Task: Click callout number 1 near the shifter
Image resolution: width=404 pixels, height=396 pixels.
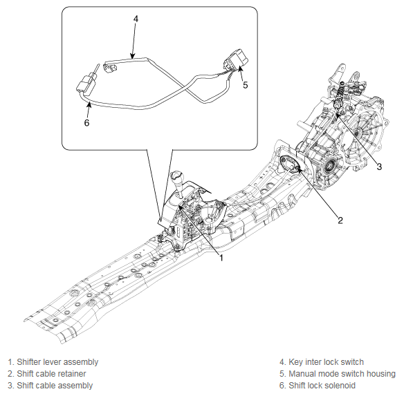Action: (221, 257)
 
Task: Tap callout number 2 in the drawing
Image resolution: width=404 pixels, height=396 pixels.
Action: (340, 220)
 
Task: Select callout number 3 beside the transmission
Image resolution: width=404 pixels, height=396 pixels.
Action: (379, 167)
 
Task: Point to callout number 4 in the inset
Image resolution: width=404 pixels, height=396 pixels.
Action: (136, 19)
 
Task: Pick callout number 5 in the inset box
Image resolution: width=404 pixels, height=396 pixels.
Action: (246, 85)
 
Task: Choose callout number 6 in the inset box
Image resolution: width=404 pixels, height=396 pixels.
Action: (86, 122)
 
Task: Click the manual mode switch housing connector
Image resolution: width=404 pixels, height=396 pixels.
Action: (236, 60)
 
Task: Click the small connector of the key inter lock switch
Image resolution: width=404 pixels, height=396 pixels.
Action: (110, 68)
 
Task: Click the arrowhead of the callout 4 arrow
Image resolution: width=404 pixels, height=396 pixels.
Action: (132, 57)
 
